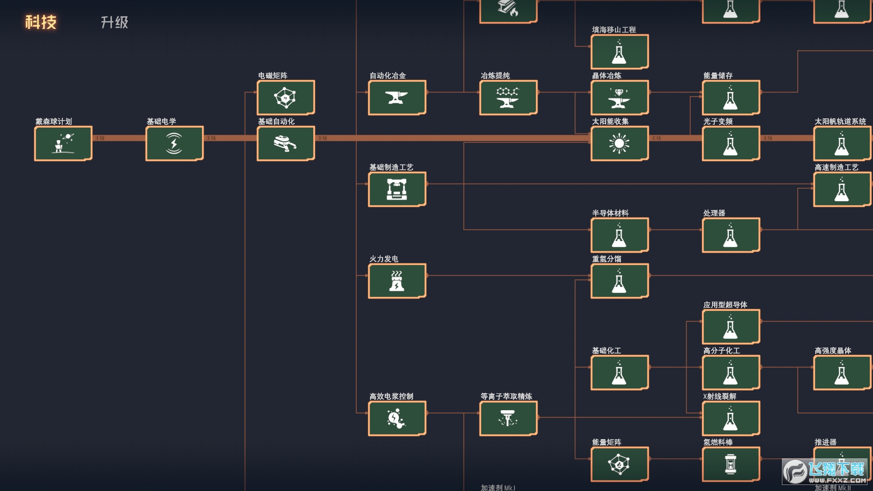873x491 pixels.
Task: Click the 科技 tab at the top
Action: [x=41, y=22]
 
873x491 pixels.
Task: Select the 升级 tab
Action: [x=115, y=22]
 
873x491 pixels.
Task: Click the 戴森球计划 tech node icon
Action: [x=63, y=143]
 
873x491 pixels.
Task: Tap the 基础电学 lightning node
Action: [x=175, y=143]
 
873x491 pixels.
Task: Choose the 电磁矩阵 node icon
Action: [x=286, y=98]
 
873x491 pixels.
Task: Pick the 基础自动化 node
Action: [x=286, y=143]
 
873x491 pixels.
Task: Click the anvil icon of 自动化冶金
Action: [x=397, y=98]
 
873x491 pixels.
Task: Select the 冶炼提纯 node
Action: [x=509, y=98]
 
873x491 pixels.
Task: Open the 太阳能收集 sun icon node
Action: [x=620, y=143]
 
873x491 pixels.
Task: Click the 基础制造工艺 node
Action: [x=397, y=189]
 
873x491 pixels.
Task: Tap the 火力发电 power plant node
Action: [x=397, y=281]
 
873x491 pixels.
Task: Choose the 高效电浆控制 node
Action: [x=397, y=418]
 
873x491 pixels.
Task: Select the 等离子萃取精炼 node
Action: [x=509, y=418]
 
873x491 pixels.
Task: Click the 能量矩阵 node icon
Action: [x=620, y=464]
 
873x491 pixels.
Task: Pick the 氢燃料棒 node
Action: [x=731, y=464]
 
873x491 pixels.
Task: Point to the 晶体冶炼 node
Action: [x=620, y=98]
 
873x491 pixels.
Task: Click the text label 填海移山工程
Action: [x=614, y=29]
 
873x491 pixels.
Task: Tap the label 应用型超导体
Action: [x=725, y=304]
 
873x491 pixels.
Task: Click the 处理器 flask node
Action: [x=731, y=235]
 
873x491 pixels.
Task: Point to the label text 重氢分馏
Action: [x=607, y=259]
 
